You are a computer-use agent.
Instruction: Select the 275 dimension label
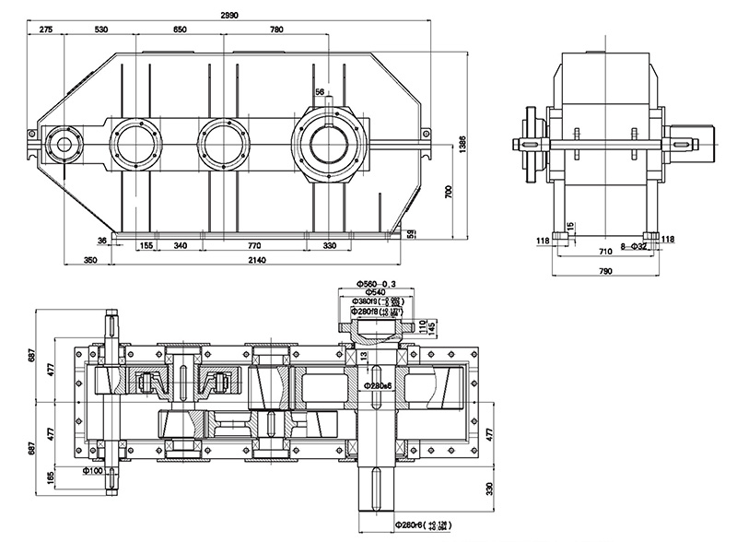pyautogui.click(x=46, y=30)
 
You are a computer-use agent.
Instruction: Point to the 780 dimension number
pyautogui.click(x=276, y=30)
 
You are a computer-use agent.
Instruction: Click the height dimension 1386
pyautogui.click(x=462, y=145)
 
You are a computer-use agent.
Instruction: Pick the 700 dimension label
pyautogui.click(x=447, y=192)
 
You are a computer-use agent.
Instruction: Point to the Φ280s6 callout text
pyautogui.click(x=380, y=384)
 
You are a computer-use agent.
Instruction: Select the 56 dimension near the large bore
pyautogui.click(x=320, y=92)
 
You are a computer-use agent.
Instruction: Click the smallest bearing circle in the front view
pyautogui.click(x=63, y=144)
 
